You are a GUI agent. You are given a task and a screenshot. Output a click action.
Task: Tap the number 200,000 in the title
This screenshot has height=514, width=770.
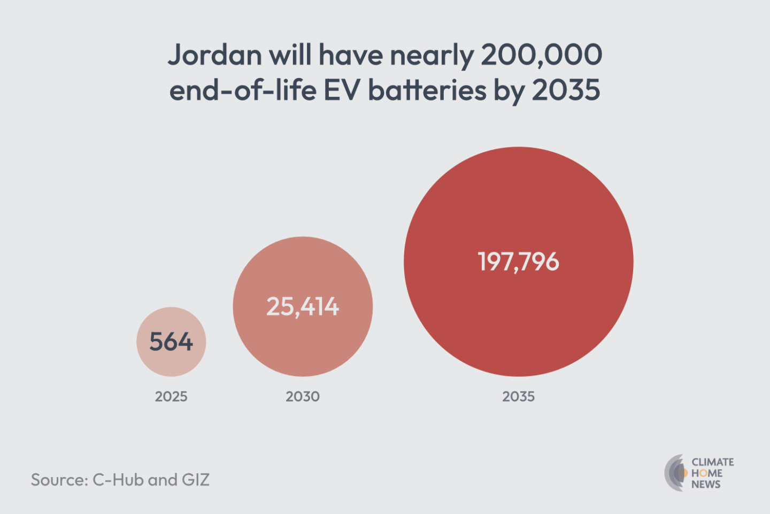coord(541,55)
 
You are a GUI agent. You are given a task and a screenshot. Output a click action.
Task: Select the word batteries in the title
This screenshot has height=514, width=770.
coord(427,90)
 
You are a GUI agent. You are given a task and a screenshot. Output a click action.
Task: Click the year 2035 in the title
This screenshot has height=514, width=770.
coord(566,90)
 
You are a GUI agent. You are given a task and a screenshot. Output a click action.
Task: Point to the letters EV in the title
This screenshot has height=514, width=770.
coord(343,90)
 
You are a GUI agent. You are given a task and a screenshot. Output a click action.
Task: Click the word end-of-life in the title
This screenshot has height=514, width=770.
coord(243,90)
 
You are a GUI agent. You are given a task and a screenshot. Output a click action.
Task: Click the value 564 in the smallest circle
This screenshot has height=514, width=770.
coord(171,342)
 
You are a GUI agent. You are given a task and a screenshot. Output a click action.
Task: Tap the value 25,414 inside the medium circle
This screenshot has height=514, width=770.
coord(303,307)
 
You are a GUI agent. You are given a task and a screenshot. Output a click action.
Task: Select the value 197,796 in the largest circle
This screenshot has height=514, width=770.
coord(518,262)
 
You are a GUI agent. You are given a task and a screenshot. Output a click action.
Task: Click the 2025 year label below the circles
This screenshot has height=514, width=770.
coord(171,396)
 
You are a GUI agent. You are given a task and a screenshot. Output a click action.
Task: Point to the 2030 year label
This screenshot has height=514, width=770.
coord(303,396)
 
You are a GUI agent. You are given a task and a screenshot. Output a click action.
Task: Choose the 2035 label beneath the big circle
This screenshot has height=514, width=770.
coord(518,396)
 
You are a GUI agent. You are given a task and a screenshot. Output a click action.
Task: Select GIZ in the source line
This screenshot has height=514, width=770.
coord(195,480)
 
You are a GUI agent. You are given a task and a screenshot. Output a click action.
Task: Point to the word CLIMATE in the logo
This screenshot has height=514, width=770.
coord(712,462)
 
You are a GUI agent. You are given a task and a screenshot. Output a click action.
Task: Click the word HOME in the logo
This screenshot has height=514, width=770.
coord(707,473)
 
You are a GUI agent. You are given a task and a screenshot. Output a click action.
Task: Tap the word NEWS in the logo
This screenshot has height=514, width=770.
coord(706,485)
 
